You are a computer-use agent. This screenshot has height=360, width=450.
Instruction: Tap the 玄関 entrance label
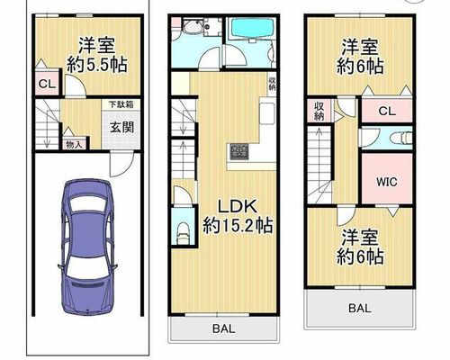121,128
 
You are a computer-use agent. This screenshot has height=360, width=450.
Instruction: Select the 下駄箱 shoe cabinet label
121,104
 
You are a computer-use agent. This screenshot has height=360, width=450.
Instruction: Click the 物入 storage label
74,145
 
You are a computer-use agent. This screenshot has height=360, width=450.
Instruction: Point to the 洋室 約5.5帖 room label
96,55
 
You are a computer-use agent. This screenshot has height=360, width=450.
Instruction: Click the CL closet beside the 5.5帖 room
48,84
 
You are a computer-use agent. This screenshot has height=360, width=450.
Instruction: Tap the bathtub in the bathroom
250,28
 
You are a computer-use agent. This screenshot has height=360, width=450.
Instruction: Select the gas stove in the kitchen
239,151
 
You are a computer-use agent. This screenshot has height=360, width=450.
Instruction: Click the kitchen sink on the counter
267,112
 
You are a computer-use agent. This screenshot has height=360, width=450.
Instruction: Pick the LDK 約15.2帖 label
238,216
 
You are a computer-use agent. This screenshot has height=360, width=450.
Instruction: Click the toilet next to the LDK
183,233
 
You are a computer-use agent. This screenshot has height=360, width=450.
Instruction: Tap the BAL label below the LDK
224,328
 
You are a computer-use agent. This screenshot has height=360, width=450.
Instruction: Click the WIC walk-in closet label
387,182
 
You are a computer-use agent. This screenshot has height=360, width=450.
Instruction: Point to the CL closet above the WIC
387,111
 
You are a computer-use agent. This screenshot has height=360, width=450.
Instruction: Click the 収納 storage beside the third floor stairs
319,111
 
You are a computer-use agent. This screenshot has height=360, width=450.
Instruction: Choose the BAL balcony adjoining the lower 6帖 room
360,308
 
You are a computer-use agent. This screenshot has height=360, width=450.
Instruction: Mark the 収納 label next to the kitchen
272,84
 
